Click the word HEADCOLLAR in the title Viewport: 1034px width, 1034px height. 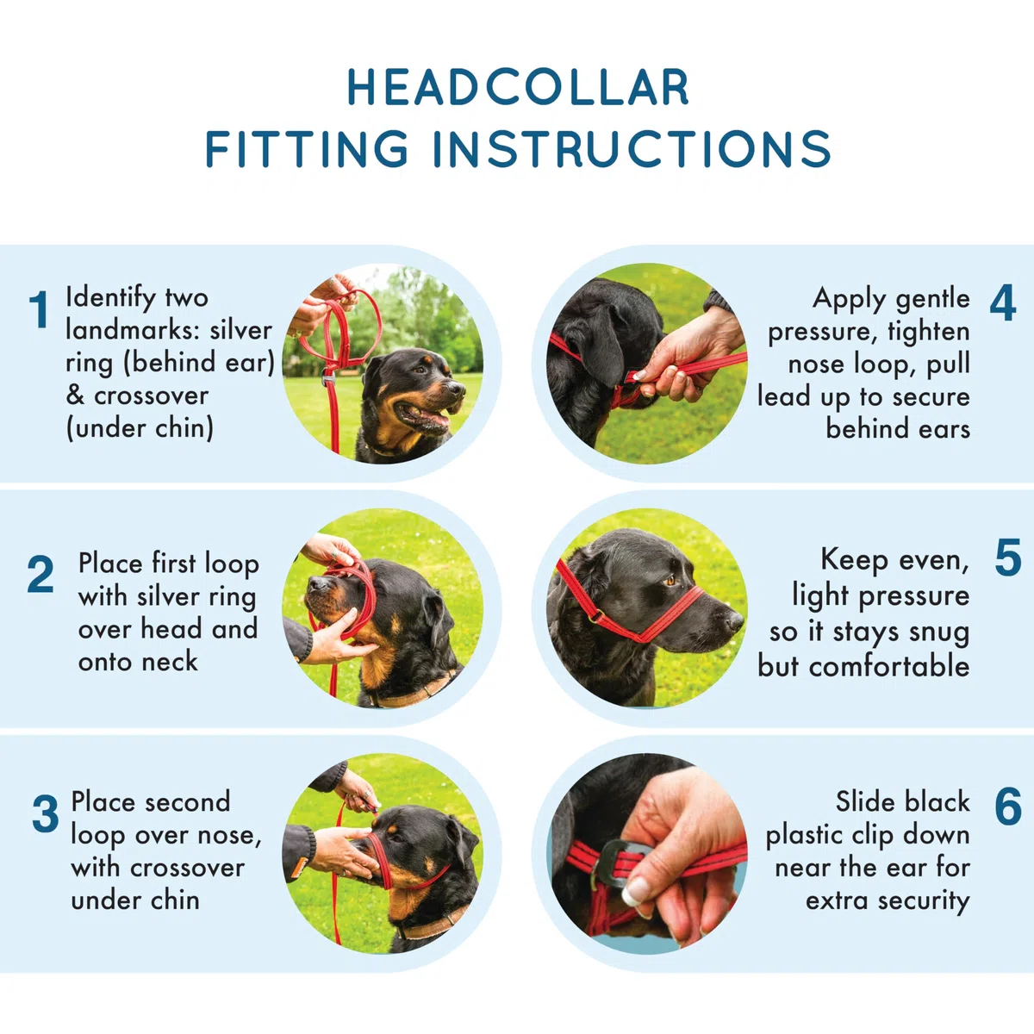[518, 87]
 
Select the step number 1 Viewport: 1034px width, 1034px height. [39, 309]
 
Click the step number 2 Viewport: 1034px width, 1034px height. [40, 575]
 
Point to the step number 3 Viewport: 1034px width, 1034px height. [45, 814]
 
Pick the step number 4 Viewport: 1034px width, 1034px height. [1002, 303]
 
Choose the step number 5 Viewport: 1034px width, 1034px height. [1007, 558]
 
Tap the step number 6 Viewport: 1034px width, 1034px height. [1007, 807]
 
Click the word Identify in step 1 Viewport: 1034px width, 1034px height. [106, 299]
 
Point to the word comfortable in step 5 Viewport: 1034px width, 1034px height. [889, 667]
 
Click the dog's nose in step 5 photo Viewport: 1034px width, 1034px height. [734, 621]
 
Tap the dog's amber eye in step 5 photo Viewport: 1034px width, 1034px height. [670, 580]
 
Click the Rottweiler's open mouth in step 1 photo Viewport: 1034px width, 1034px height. [425, 416]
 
